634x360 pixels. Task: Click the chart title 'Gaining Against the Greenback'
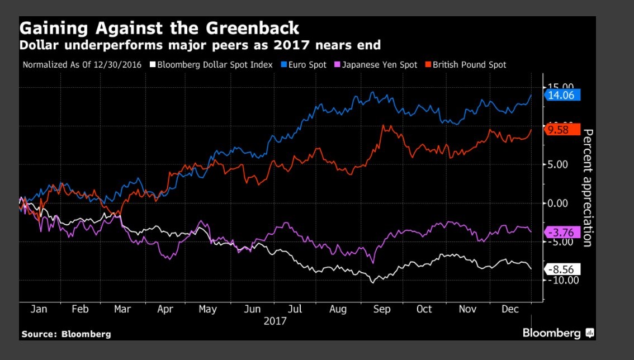point(159,29)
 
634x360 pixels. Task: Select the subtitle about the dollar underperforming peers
point(201,44)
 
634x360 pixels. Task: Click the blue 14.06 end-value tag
point(562,95)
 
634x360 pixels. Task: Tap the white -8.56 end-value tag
point(562,269)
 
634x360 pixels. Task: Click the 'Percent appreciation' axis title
point(587,187)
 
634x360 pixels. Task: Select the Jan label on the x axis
point(39,309)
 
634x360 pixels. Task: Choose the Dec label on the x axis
point(509,309)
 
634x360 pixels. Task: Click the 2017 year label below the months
point(275,321)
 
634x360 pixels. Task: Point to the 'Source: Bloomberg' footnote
point(66,334)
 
